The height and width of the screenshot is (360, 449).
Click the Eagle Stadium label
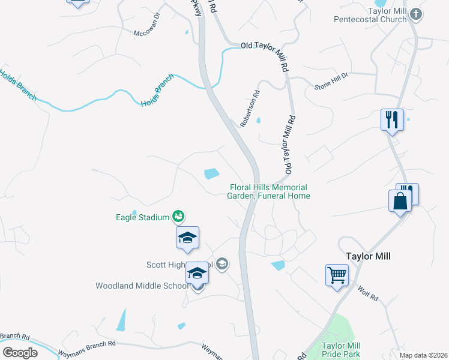click(x=142, y=217)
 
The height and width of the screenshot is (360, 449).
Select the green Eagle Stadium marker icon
click(x=178, y=215)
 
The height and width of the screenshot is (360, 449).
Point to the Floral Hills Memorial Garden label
click(x=270, y=191)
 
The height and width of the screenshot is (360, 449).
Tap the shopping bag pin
click(x=400, y=202)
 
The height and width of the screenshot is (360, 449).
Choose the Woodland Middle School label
click(x=142, y=286)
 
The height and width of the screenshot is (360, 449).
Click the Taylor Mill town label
click(x=368, y=256)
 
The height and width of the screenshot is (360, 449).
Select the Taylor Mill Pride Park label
click(x=340, y=350)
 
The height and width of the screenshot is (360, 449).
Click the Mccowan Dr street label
click(x=146, y=32)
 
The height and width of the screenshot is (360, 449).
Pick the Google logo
click(x=20, y=352)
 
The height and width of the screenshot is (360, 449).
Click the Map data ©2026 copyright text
click(x=423, y=355)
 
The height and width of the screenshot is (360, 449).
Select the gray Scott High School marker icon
click(x=222, y=264)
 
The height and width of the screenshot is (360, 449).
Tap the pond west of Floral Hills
click(x=211, y=174)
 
